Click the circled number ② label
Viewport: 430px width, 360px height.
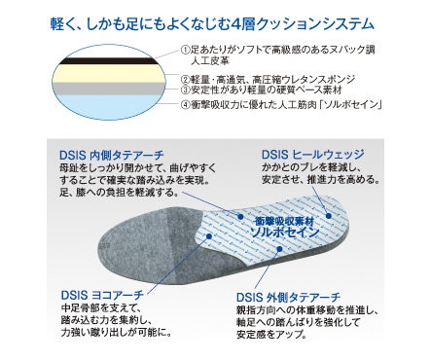pos(185,79)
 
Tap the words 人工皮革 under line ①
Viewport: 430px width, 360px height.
pos(212,60)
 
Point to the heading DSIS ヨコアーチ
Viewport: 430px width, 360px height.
pos(102,293)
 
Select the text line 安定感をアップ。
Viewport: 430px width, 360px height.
pos(270,333)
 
